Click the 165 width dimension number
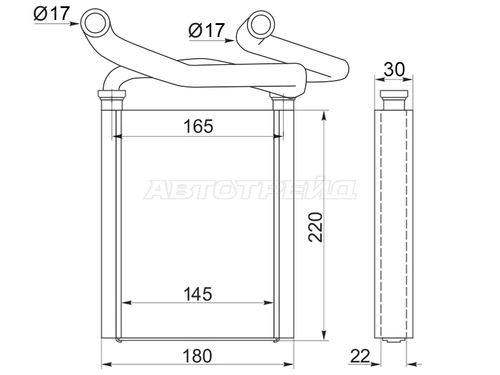pyautogui.click(x=198, y=126)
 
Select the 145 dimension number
pyautogui.click(x=197, y=294)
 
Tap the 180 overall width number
pyautogui.click(x=197, y=356)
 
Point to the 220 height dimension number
pyautogui.click(x=316, y=227)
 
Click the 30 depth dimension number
pyautogui.click(x=394, y=69)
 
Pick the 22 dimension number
pyautogui.click(x=361, y=356)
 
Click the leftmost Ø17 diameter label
pyautogui.click(x=52, y=13)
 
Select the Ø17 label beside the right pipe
pyautogui.click(x=207, y=30)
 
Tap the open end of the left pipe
pyautogui.click(x=96, y=21)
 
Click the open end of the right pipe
pyautogui.click(x=261, y=24)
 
